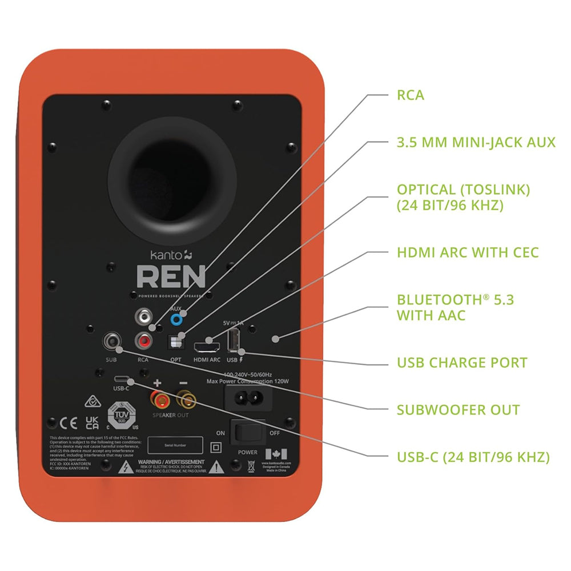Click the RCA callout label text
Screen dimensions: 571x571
coord(411,95)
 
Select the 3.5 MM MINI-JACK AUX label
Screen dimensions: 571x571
coord(476,142)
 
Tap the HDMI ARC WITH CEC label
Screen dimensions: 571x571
coord(468,252)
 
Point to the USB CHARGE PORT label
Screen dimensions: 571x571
coord(462,363)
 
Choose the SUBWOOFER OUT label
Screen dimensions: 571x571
coord(458,409)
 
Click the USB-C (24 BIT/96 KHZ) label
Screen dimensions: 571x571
coord(473,457)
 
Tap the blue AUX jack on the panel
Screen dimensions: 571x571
coord(182,319)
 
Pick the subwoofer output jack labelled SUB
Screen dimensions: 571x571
coord(111,342)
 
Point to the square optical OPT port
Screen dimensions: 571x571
coord(176,342)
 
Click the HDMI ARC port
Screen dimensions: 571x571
coord(206,345)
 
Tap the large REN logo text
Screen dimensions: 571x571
coord(171,277)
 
